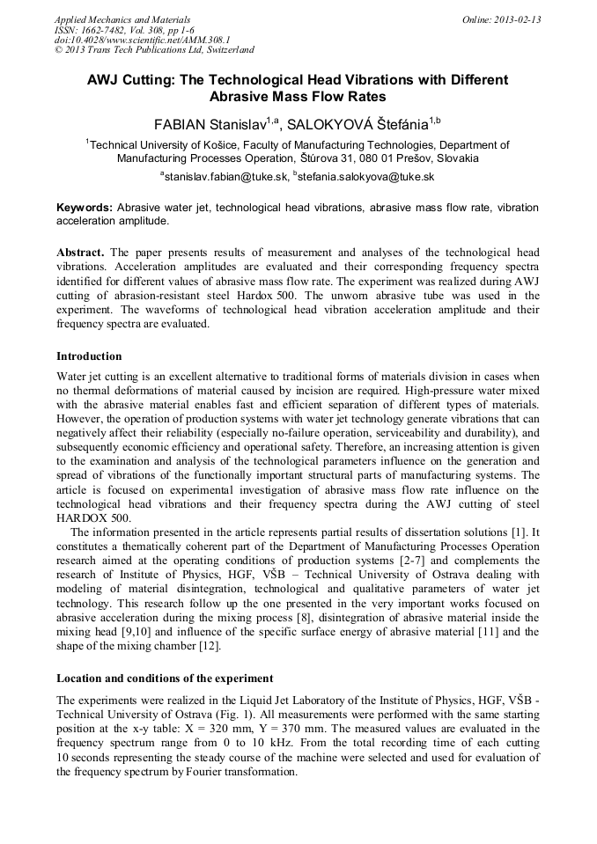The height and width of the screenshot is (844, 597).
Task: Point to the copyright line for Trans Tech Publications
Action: pyautogui.click(x=154, y=51)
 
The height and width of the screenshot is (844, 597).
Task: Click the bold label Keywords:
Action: pyautogui.click(x=85, y=207)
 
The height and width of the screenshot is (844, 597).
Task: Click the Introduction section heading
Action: pyautogui.click(x=89, y=356)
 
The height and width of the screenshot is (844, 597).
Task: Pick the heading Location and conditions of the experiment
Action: pyautogui.click(x=165, y=679)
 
